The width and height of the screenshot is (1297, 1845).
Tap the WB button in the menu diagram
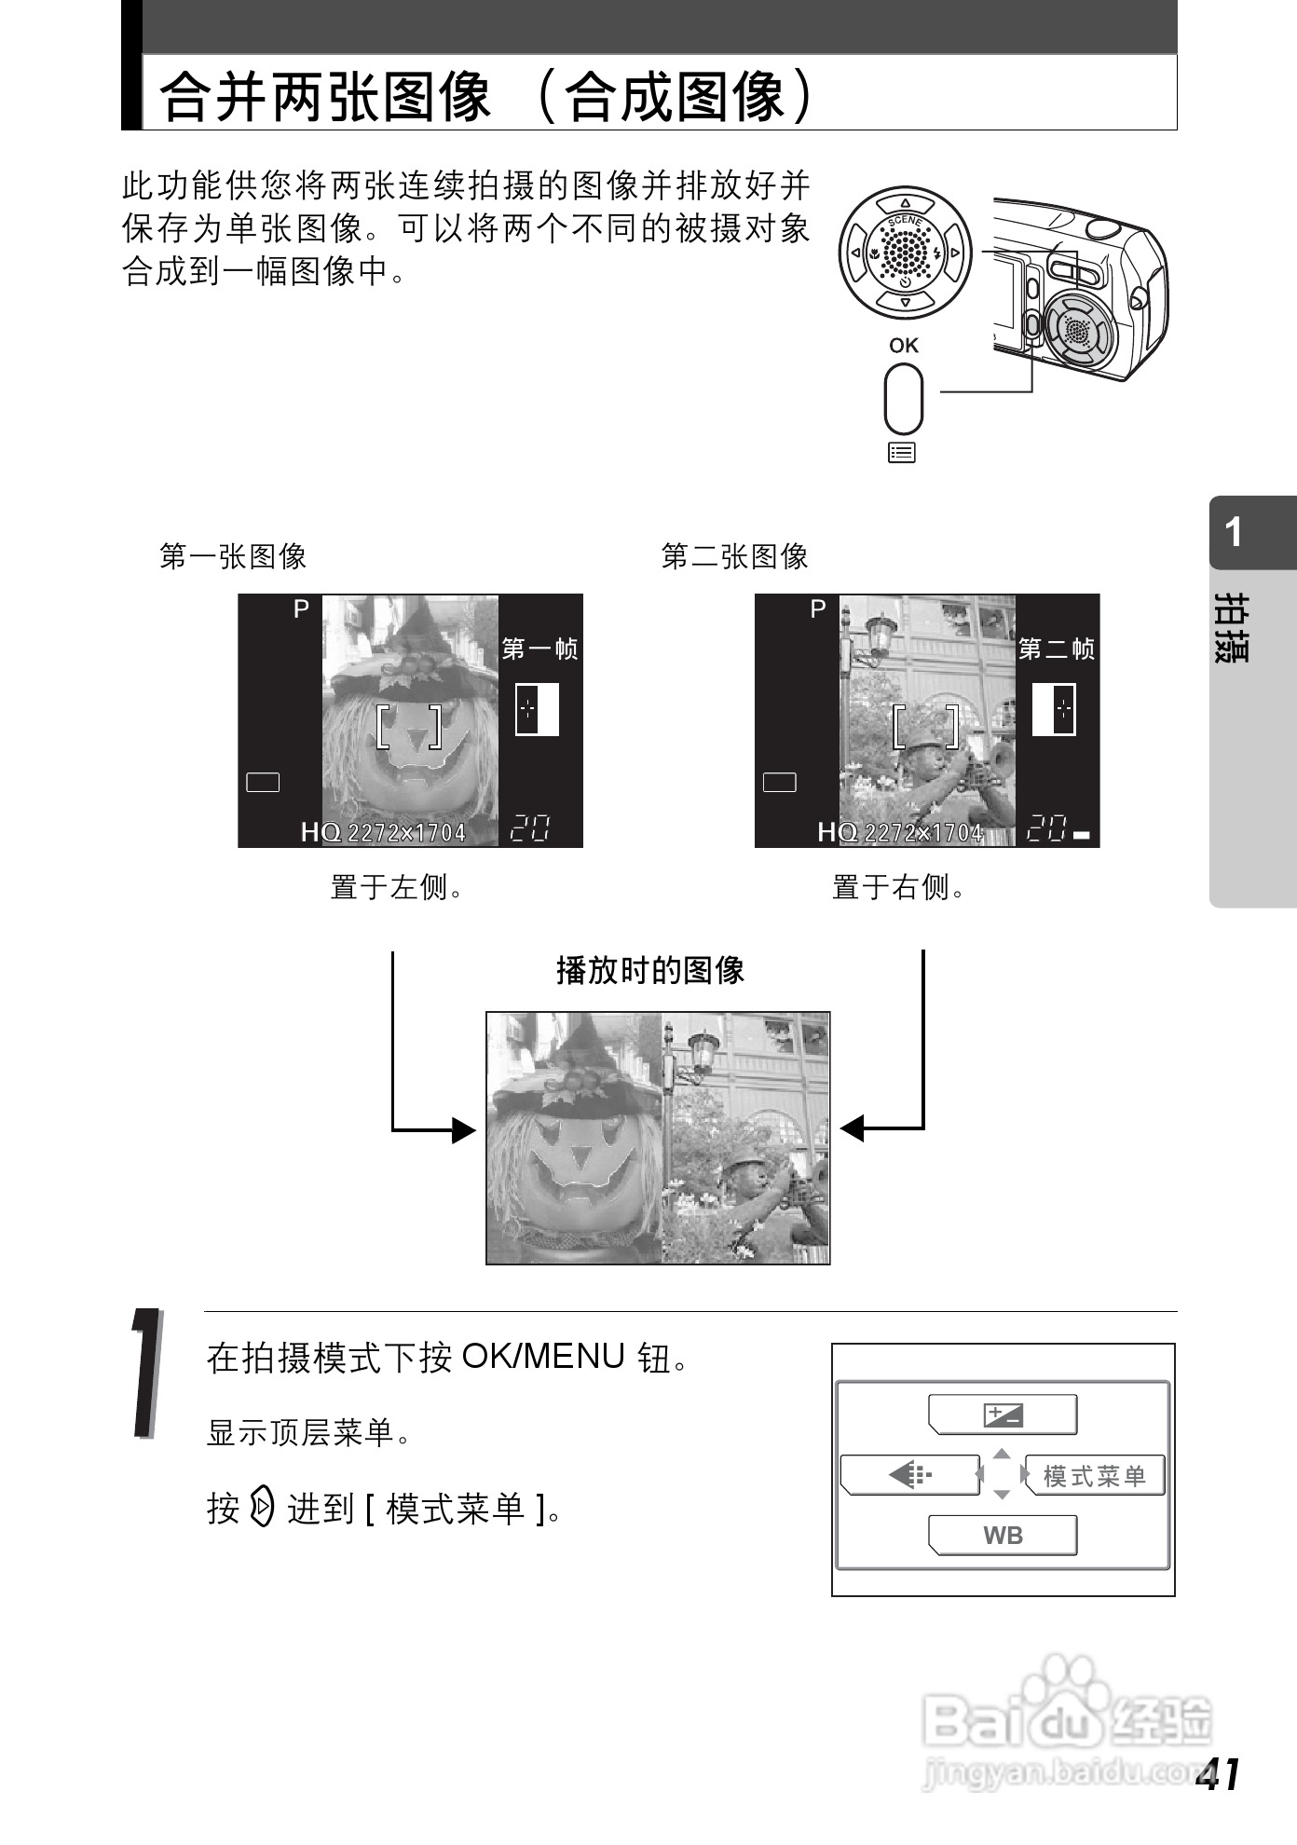pos(1003,1535)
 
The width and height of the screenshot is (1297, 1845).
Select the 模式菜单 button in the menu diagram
pos(1095,1476)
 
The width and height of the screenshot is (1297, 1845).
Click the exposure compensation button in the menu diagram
pos(1003,1414)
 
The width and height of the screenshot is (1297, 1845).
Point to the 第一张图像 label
pos(233,556)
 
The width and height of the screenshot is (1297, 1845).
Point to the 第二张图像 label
pos(734,556)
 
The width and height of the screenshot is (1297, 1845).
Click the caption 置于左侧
pos(397,886)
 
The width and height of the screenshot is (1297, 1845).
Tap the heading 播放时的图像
pos(650,970)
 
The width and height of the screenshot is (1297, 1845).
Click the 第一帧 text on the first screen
pos(540,649)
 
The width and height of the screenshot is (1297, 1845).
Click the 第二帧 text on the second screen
pos(1057,649)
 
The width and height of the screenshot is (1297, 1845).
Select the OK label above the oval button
pos(904,345)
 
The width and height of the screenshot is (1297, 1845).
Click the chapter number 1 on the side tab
pos(1234,532)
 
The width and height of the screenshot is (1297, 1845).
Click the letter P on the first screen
pos(301,609)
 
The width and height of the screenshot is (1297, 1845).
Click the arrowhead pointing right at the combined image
pos(464,1129)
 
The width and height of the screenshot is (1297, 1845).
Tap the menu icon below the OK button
pos(902,453)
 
